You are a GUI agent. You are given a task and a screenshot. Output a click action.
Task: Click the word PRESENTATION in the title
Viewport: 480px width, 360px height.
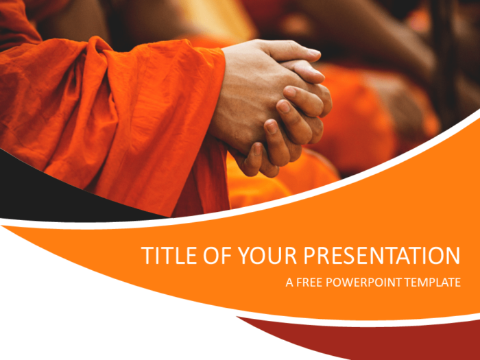pyautogui.click(x=382, y=256)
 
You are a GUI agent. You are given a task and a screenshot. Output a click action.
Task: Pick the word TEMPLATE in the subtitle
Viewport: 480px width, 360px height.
pyautogui.click(x=432, y=283)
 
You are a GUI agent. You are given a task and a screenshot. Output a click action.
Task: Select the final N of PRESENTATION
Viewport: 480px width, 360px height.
pyautogui.click(x=452, y=256)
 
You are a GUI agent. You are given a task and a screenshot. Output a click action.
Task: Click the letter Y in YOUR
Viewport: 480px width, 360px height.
pyautogui.click(x=245, y=256)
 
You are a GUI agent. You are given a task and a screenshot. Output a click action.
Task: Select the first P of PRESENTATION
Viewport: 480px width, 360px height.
pyautogui.click(x=310, y=256)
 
